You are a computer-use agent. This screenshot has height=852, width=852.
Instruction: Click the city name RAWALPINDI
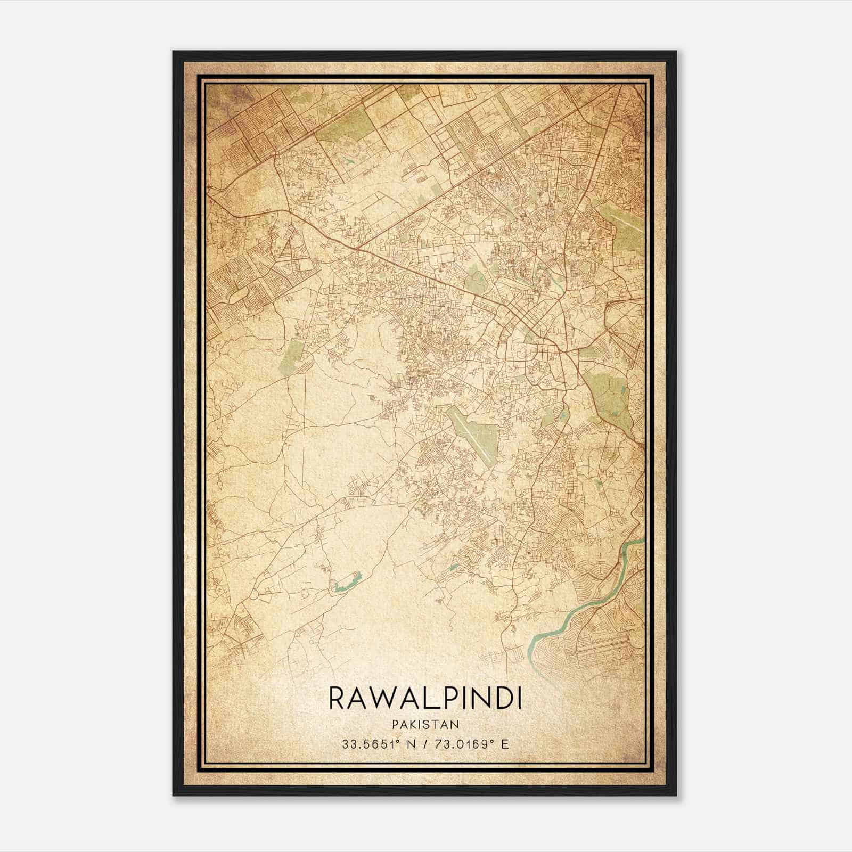coord(425,698)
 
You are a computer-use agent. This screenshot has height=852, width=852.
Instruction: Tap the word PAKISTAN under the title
coord(425,724)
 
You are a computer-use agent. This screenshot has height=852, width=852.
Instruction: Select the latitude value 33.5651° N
coord(373,743)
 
